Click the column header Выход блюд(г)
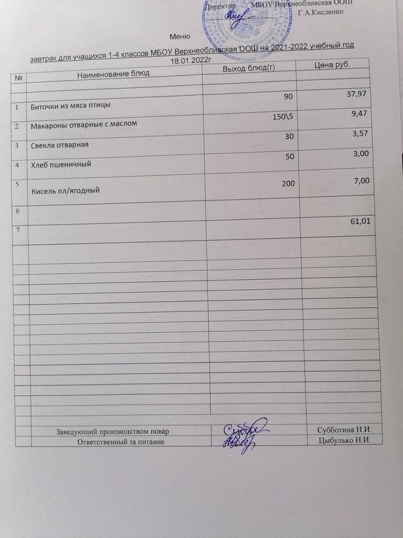(249, 69)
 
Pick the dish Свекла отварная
(60, 145)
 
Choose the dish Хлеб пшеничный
(62, 163)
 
